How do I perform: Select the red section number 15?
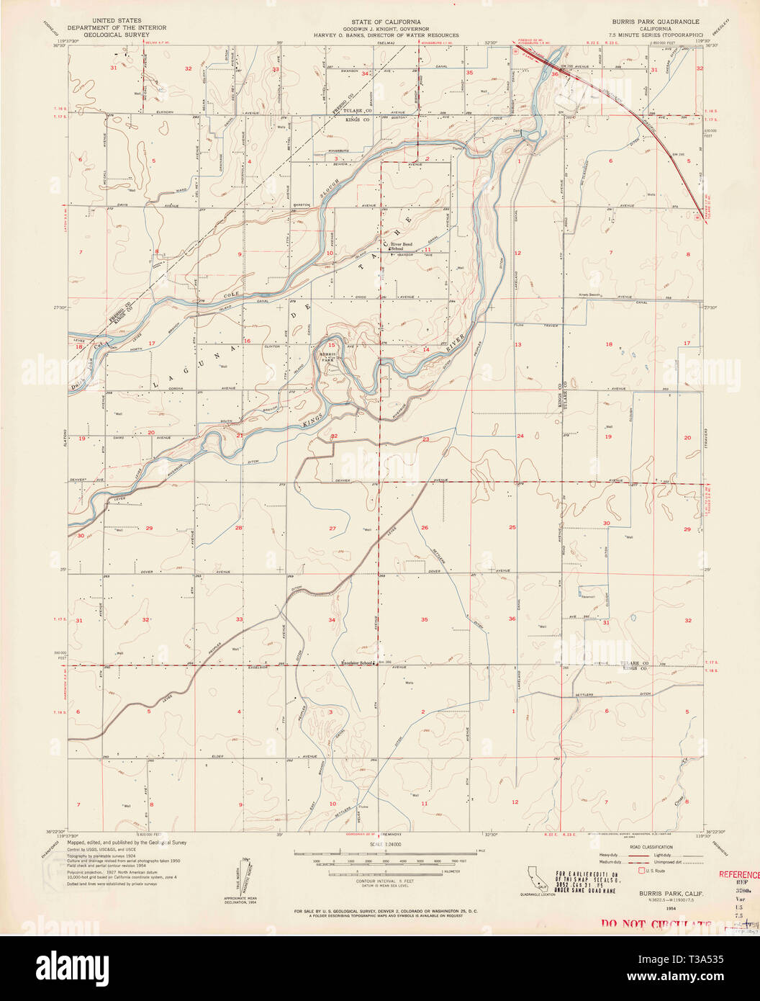[x=331, y=344]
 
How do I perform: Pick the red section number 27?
[x=332, y=529]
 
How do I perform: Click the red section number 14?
[x=425, y=349]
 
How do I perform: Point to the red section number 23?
[x=425, y=439]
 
